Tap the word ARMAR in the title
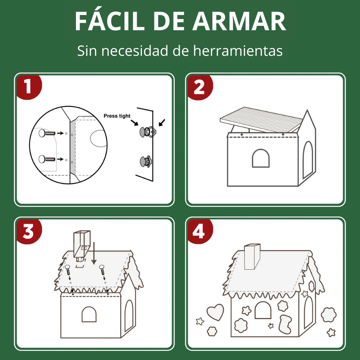tap(239, 21)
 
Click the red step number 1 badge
tap(29, 87)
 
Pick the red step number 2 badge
tap(200, 87)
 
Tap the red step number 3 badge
tap(29, 231)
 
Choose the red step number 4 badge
tap(200, 231)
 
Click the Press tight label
tap(117, 116)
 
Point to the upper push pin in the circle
tap(47, 133)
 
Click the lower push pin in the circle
tap(47, 159)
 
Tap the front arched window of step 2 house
tap(261, 158)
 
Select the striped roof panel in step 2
tap(261, 120)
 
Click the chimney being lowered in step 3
tap(82, 245)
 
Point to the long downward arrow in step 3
tap(94, 253)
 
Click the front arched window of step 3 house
tap(89, 314)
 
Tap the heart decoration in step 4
tap(215, 312)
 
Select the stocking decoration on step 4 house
tap(285, 324)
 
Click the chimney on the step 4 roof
tap(252, 257)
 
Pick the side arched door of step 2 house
tap(308, 160)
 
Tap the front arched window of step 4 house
tap(263, 310)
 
